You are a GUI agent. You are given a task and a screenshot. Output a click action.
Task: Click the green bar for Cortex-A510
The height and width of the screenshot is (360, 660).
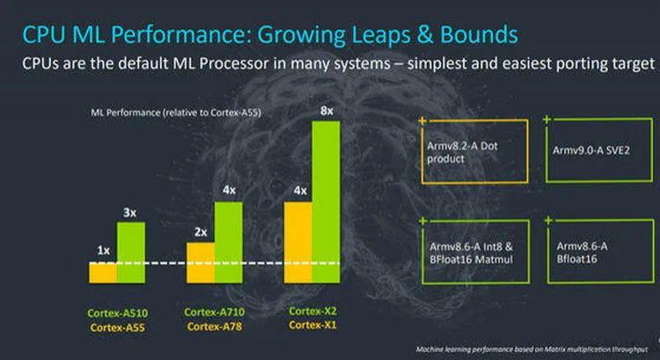[x=131, y=252]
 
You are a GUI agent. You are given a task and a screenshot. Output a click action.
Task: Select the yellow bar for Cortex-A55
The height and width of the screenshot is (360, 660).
[x=103, y=273]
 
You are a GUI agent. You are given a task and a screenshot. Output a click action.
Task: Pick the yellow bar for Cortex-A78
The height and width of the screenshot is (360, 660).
[x=201, y=262]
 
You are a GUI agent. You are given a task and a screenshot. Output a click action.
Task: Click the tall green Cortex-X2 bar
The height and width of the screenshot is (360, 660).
[x=326, y=202]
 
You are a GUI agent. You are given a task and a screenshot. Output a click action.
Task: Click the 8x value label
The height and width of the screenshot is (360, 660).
[x=326, y=111]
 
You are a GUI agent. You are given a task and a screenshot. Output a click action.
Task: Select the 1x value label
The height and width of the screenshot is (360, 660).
[x=103, y=251]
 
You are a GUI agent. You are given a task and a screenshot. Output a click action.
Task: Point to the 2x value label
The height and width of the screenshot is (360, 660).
[x=201, y=232]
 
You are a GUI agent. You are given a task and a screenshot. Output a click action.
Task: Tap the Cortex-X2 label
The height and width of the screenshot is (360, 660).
[x=312, y=312]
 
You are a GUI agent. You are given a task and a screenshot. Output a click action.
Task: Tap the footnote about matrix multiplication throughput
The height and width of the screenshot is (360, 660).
[x=528, y=349]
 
